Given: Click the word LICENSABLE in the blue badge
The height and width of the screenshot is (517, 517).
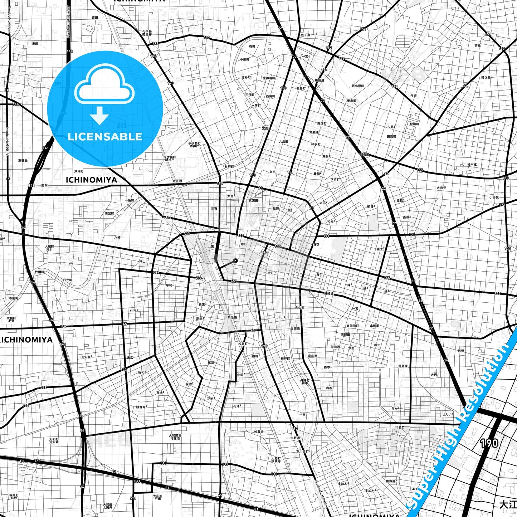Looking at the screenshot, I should [x=105, y=137].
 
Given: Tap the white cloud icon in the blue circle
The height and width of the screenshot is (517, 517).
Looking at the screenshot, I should [x=104, y=86].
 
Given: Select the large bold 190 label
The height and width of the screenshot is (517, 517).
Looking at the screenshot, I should [x=489, y=443].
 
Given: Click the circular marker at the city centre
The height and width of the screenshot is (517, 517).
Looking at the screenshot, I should [x=235, y=260].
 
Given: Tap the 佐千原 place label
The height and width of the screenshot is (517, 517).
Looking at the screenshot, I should [x=306, y=35].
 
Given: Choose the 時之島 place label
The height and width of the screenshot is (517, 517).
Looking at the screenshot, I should [x=486, y=77].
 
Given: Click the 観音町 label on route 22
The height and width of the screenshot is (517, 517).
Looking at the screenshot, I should [x=364, y=155].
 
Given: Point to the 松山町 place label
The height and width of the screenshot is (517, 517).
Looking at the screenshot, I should [x=414, y=124].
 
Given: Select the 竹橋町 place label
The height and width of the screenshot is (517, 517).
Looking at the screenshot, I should [x=40, y=272].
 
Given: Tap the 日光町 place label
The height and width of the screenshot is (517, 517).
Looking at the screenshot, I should [x=67, y=280].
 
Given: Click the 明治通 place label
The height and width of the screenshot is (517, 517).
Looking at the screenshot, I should [x=232, y=317].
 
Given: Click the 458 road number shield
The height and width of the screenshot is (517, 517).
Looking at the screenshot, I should [x=43, y=387].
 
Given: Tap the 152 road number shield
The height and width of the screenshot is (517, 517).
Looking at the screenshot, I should [x=328, y=48].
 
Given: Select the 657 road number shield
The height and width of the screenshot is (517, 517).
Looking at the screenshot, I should [x=234, y=281].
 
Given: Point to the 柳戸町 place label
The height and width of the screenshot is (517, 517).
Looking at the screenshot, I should [x=285, y=359].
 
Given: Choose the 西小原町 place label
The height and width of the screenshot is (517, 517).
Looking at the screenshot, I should [x=357, y=86].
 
